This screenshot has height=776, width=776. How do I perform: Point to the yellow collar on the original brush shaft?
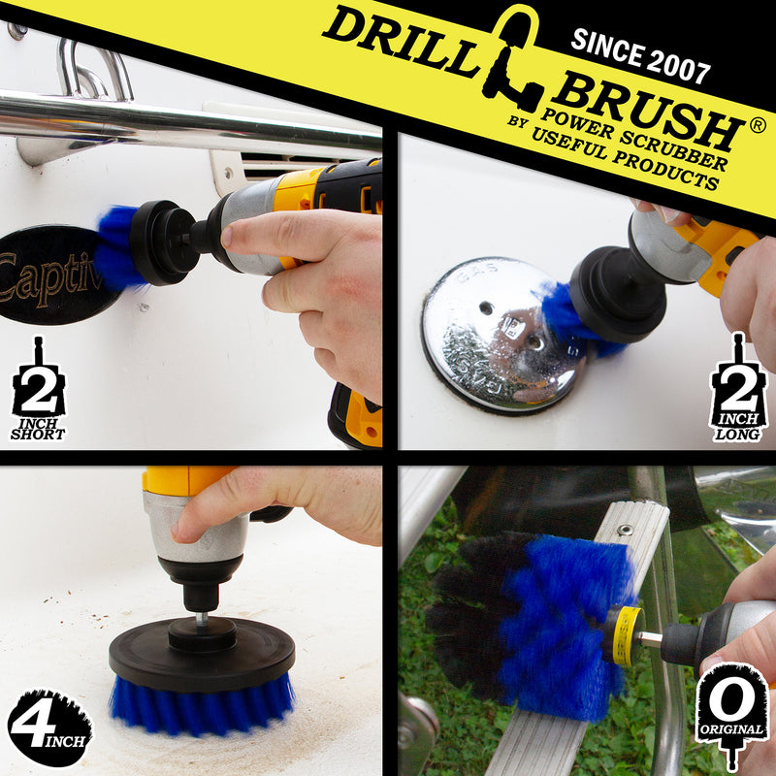tap(625, 636)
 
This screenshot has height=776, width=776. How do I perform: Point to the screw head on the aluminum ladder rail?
tap(626, 530)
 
